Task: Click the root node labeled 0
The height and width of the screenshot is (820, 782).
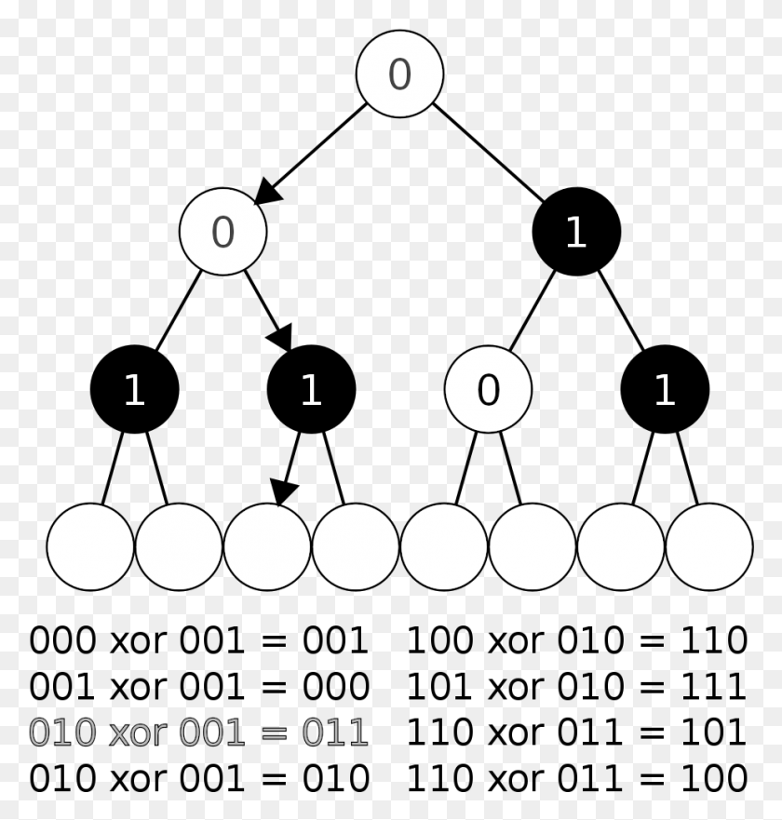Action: coord(399,74)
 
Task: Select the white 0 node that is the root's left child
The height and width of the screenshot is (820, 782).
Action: coord(222,232)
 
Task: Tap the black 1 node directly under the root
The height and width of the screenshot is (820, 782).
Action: coord(576,232)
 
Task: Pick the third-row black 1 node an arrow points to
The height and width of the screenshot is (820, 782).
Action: coord(311,390)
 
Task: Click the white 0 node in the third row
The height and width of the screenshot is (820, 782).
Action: coord(488,390)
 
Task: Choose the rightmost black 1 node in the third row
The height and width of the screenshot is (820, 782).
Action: coord(665,390)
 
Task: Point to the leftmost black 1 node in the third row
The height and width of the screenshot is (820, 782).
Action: coord(134,390)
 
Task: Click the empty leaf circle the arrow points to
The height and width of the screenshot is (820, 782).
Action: coord(267,546)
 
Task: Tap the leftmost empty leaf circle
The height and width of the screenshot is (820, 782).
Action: coord(89,546)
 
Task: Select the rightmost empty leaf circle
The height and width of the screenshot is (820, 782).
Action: coord(709,546)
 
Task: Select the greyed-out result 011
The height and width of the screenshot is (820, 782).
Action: coord(332,733)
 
